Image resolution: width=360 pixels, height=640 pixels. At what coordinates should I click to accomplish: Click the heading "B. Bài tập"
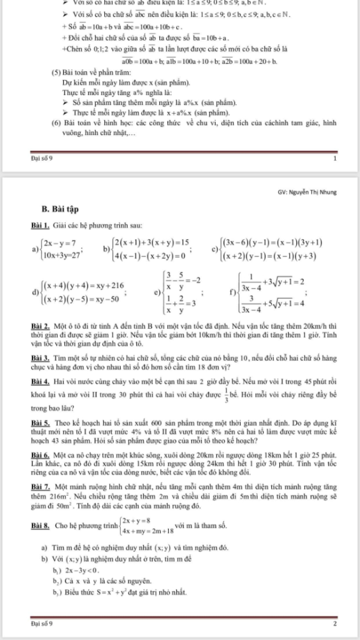60,209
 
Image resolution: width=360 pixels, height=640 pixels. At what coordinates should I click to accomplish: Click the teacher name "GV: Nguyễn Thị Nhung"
307,192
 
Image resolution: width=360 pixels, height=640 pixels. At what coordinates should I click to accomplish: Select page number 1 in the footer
335,159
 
